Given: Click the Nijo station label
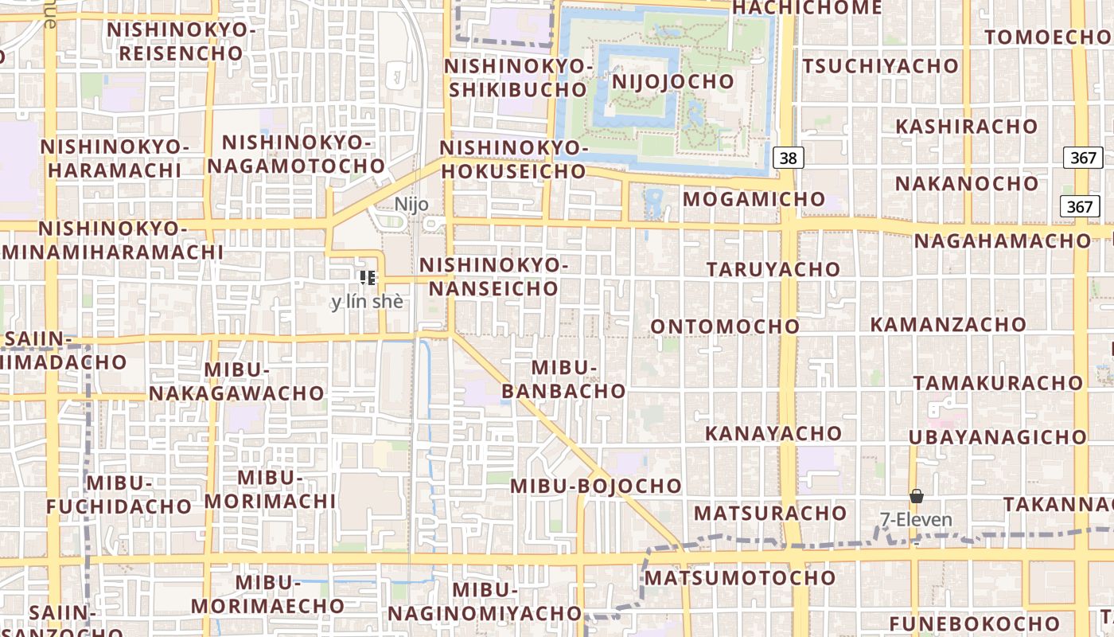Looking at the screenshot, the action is tap(411, 204).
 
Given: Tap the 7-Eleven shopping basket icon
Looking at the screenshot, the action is tap(917, 496).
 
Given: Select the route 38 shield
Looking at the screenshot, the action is tap(788, 158).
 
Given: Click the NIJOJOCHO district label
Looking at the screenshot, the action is tap(672, 81).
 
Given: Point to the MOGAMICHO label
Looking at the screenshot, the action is tap(754, 199).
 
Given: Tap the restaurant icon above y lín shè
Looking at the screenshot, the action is tap(368, 277).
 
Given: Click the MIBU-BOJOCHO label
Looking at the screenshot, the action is tap(596, 486).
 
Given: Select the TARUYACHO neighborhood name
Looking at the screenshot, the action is tap(773, 269).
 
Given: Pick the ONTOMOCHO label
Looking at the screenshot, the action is tap(725, 326).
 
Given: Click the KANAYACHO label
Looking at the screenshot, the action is tap(773, 434).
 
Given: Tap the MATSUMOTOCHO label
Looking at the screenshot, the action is tap(740, 577).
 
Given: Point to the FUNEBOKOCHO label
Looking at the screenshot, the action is tap(975, 623).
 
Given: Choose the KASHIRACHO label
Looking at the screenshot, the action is tap(967, 127).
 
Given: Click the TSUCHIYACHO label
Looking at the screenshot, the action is tap(880, 66).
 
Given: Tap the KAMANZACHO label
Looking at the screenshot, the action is tap(948, 325).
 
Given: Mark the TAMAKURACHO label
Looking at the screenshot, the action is tap(998, 382).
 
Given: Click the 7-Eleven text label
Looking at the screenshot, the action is tap(916, 520).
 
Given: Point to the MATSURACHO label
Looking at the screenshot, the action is tap(770, 512).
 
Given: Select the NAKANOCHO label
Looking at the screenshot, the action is tap(967, 184).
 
